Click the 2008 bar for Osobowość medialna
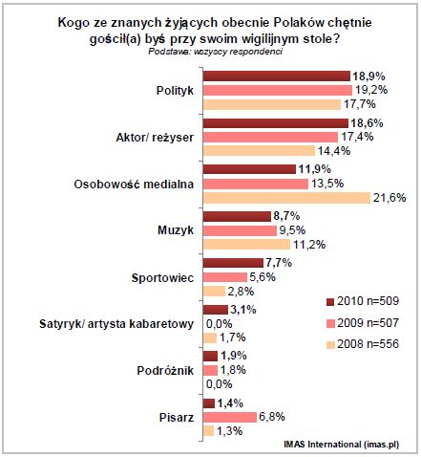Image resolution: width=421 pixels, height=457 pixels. (x=286, y=198)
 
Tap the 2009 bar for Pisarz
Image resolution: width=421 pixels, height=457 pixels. (x=229, y=418)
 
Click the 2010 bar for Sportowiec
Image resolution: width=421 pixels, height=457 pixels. (x=231, y=263)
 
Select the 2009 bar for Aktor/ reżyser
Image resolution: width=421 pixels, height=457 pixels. (x=269, y=137)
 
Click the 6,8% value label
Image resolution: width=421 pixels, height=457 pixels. (x=272, y=418)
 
